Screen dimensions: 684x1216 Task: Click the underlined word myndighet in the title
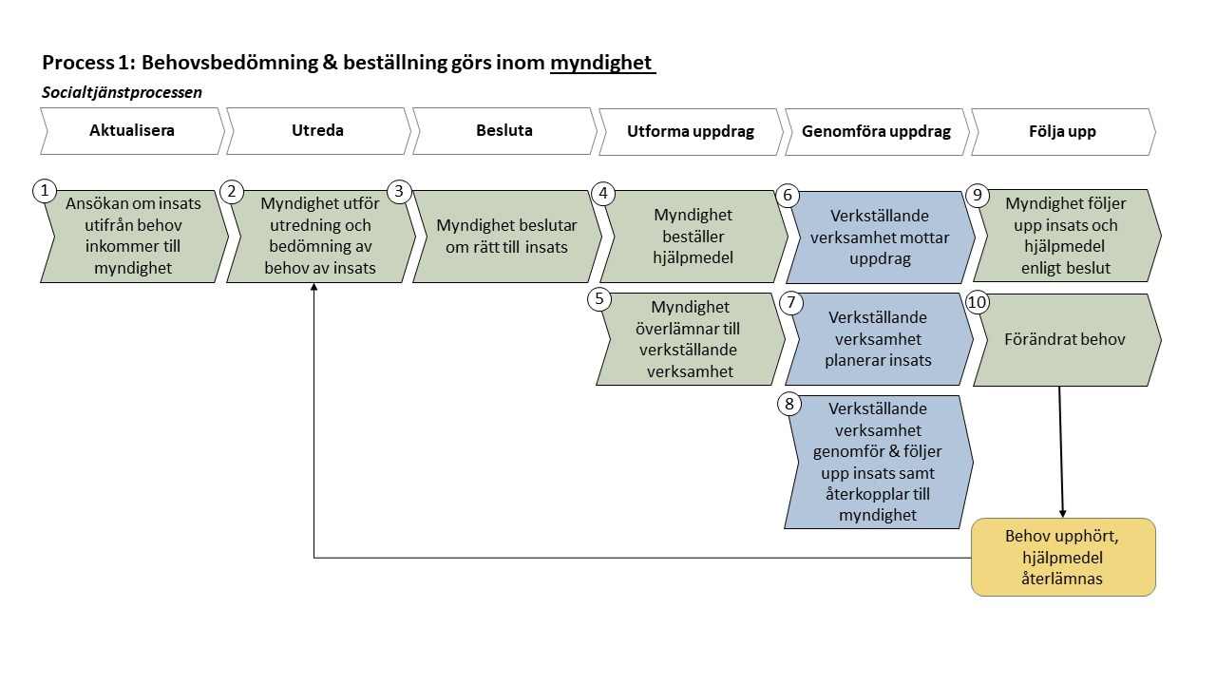601,64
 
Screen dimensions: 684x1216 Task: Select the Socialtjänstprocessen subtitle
122,92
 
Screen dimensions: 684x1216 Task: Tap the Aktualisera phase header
132,131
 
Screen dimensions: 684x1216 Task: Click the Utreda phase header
317,131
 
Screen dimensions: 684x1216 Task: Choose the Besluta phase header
503,131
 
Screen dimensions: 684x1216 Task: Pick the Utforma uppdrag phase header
690,131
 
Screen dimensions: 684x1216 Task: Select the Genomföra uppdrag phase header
876,131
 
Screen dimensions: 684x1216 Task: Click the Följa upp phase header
1063,131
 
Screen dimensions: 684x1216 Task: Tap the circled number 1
44,191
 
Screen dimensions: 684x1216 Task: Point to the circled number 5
599,299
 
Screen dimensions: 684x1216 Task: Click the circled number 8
788,404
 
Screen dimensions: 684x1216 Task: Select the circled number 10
978,302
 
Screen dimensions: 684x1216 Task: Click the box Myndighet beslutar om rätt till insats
505,237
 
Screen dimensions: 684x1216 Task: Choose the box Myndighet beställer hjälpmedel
693,237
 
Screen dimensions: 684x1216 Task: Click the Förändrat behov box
1065,339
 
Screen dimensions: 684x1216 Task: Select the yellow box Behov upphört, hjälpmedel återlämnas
1063,557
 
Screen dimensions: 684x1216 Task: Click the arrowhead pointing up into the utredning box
313,288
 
